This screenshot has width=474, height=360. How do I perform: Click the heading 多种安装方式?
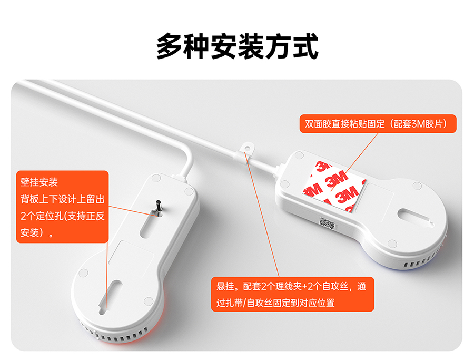pos(238,46)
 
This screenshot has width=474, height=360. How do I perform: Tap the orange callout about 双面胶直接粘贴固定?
pos(378,123)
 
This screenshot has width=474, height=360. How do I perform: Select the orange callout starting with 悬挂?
pos(293,294)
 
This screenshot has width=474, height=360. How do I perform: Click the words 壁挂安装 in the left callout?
pos(39,182)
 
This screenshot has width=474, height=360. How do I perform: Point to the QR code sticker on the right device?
pos(327,223)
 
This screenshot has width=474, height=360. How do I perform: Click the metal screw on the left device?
pos(158,208)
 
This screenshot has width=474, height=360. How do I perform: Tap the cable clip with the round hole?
pos(246,150)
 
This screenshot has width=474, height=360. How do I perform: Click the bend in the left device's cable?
pos(190,157)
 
